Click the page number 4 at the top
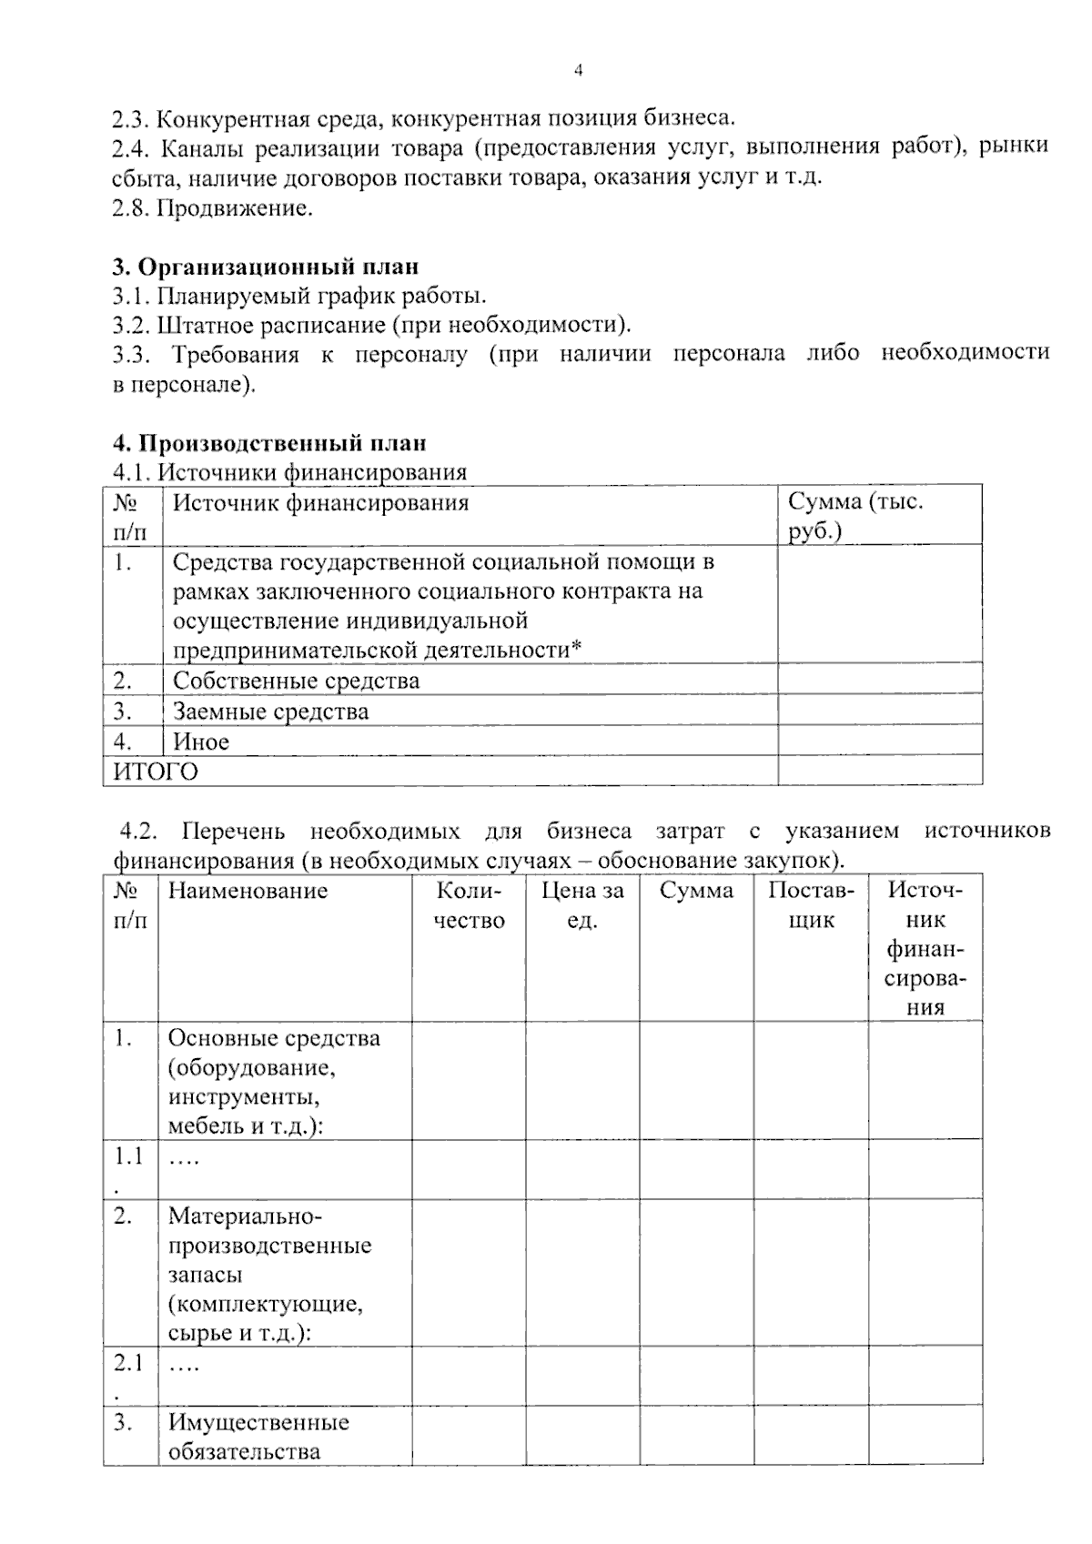point(578,71)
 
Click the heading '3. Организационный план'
point(266,267)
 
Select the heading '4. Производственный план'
point(269,443)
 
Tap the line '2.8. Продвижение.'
point(213,208)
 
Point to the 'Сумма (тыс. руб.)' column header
point(854,515)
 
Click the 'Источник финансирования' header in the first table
point(320,502)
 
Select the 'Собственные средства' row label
point(296,681)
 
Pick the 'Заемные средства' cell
point(270,711)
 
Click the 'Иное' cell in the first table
point(201,742)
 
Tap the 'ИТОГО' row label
point(155,772)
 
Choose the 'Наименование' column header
point(248,891)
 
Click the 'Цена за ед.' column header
point(582,904)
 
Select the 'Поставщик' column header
point(810,904)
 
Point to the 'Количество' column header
point(469,904)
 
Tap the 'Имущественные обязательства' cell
point(258,1436)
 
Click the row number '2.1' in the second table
point(128,1363)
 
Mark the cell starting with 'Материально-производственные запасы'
point(269,1274)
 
